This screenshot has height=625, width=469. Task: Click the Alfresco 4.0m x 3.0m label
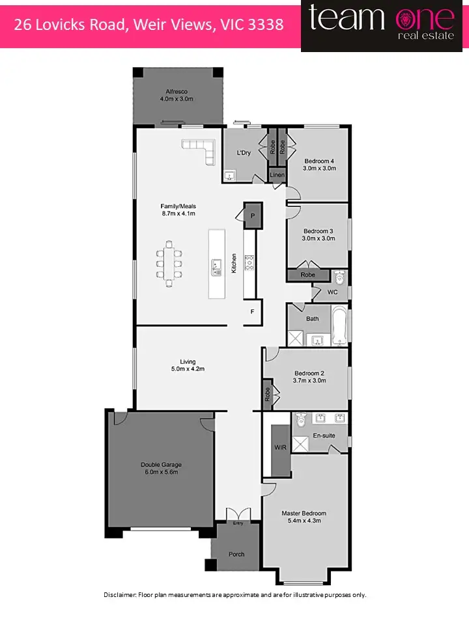pyautogui.click(x=177, y=95)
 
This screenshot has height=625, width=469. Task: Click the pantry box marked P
pyautogui.click(x=252, y=215)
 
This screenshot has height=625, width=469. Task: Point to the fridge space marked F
pyautogui.click(x=252, y=312)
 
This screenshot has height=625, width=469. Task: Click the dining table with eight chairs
pyautogui.click(x=169, y=260)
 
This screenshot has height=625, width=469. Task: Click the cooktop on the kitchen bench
pyautogui.click(x=249, y=263)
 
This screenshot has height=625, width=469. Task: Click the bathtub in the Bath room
pyautogui.click(x=338, y=324)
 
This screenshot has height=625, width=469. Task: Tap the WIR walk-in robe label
pyautogui.click(x=281, y=449)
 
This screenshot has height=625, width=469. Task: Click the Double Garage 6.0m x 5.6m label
pyautogui.click(x=161, y=469)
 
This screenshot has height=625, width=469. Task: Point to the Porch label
pyautogui.click(x=236, y=554)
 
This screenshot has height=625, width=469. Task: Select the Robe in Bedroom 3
pyautogui.click(x=308, y=275)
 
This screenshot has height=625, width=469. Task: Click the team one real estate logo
pyautogui.click(x=384, y=25)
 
